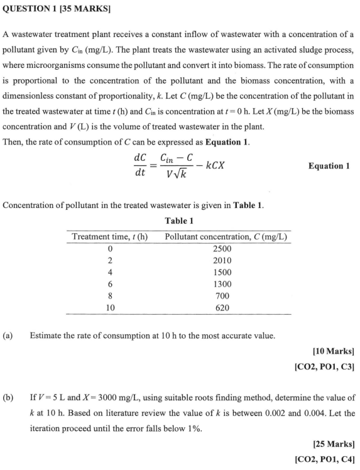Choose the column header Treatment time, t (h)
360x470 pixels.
tap(111, 237)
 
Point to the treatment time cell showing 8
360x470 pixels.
tap(111, 296)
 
